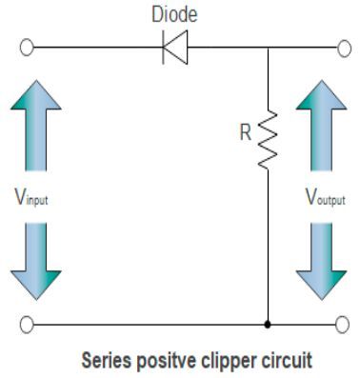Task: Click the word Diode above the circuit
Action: pos(174,15)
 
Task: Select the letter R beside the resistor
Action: pos(246,133)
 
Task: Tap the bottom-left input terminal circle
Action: pos(30,324)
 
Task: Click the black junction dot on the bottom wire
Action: pos(269,324)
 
